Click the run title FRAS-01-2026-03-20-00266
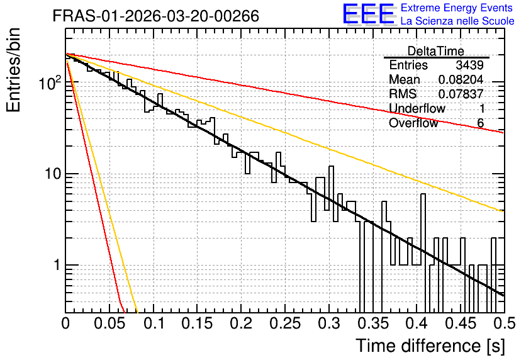[156, 16]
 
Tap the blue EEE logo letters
[368, 14]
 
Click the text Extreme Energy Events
[457, 8]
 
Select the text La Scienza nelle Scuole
[457, 21]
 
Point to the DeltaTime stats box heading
[436, 51]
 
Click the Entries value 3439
[469, 65]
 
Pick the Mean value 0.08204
[461, 79]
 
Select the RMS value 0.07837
[461, 94]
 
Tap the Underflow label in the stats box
[417, 108]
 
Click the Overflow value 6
[480, 123]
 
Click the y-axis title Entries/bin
[13, 70]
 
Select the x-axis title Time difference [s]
[430, 346]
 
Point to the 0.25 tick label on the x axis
[285, 323]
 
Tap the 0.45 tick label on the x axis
[461, 323]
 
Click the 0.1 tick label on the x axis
[154, 323]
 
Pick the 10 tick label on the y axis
[53, 174]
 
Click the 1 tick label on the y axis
[57, 265]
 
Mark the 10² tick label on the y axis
[50, 82]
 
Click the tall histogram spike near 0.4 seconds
[423, 230]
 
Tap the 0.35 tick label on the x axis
[373, 323]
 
